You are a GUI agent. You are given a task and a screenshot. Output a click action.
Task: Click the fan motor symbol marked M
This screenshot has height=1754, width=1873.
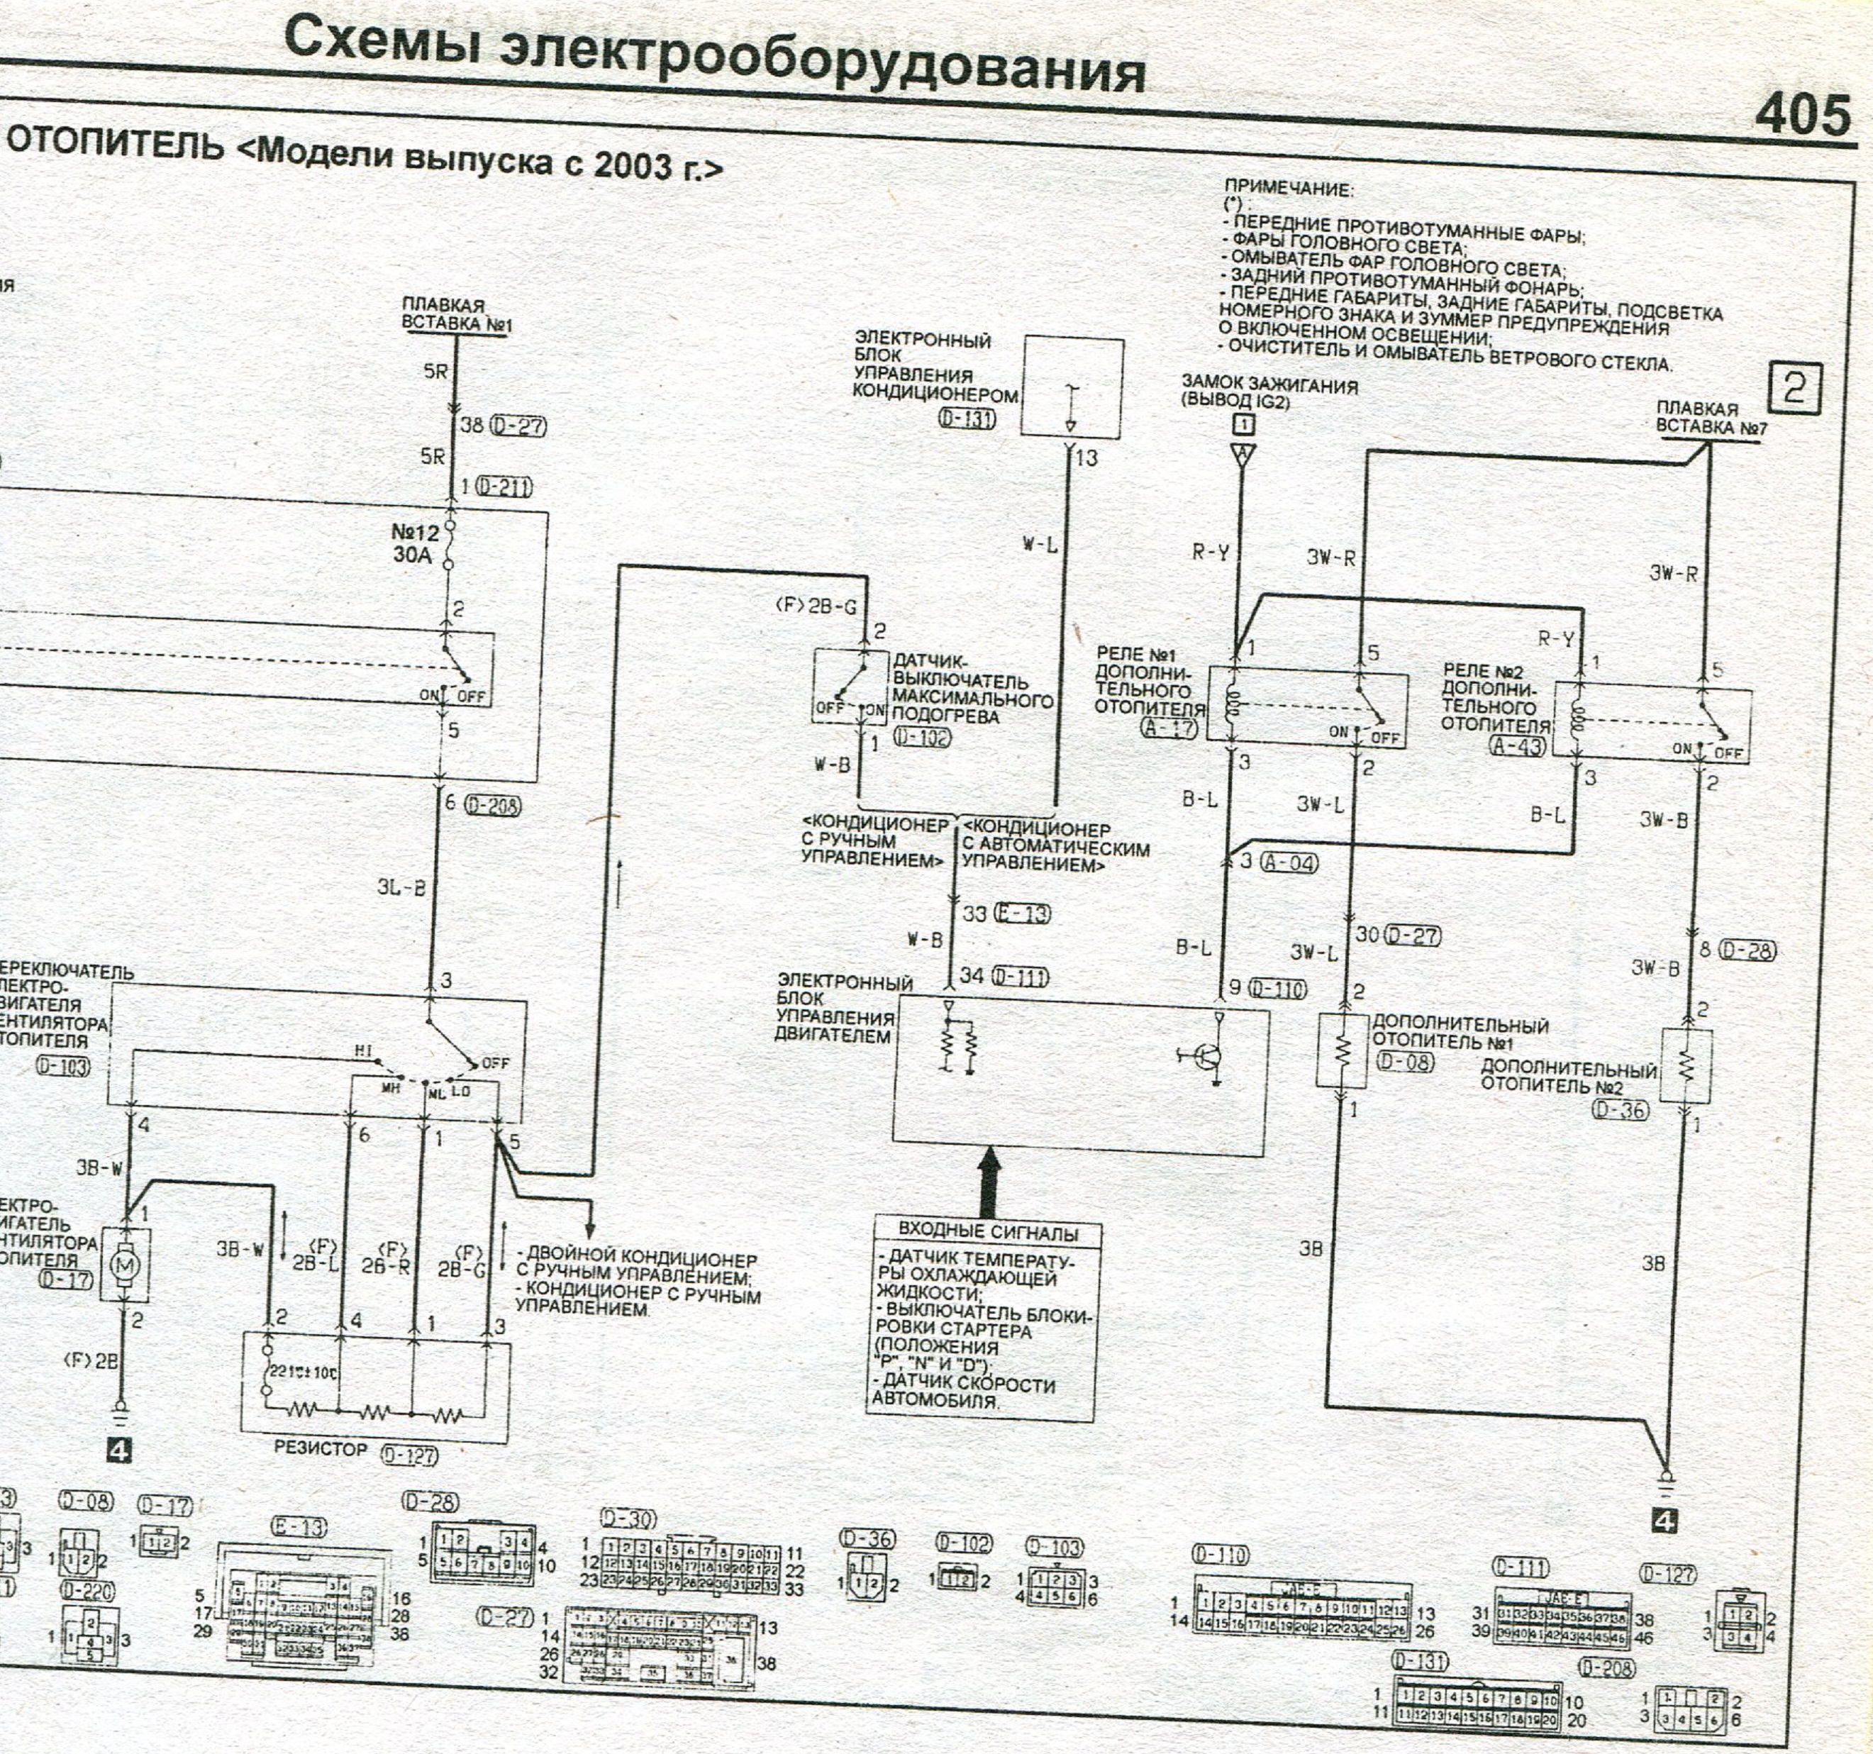(x=126, y=1265)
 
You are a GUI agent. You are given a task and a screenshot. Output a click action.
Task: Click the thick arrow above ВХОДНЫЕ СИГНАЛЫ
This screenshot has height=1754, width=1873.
(x=989, y=1182)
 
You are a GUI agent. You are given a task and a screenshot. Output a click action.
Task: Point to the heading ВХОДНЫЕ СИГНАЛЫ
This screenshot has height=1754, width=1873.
(x=987, y=1231)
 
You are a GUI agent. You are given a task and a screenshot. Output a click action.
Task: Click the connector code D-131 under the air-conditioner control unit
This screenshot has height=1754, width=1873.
(x=967, y=417)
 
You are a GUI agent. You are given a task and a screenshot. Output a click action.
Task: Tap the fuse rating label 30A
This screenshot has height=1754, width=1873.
(x=412, y=555)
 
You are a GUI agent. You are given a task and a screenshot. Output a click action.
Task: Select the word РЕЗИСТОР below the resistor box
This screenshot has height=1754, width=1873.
(x=321, y=1448)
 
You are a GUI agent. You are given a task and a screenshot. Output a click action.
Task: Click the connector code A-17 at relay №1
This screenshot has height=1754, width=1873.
(x=1169, y=727)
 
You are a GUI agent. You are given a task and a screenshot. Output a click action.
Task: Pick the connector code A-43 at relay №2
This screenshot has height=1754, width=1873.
(x=1518, y=745)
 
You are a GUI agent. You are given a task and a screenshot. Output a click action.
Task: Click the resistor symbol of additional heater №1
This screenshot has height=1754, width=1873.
(x=1343, y=1050)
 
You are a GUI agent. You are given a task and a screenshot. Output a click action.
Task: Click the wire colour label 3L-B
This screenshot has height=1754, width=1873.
(x=401, y=887)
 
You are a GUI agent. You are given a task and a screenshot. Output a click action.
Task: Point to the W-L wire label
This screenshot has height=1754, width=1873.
(x=1040, y=543)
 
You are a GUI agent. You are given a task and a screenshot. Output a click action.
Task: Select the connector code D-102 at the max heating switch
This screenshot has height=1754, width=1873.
(x=921, y=738)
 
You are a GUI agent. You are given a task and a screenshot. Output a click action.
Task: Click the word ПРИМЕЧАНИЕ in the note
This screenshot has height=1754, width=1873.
(x=1288, y=189)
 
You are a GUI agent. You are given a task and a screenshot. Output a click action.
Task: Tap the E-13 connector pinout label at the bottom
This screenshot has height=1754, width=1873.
(x=299, y=1527)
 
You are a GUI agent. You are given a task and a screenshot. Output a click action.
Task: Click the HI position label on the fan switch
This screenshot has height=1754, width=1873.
(x=365, y=1050)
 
